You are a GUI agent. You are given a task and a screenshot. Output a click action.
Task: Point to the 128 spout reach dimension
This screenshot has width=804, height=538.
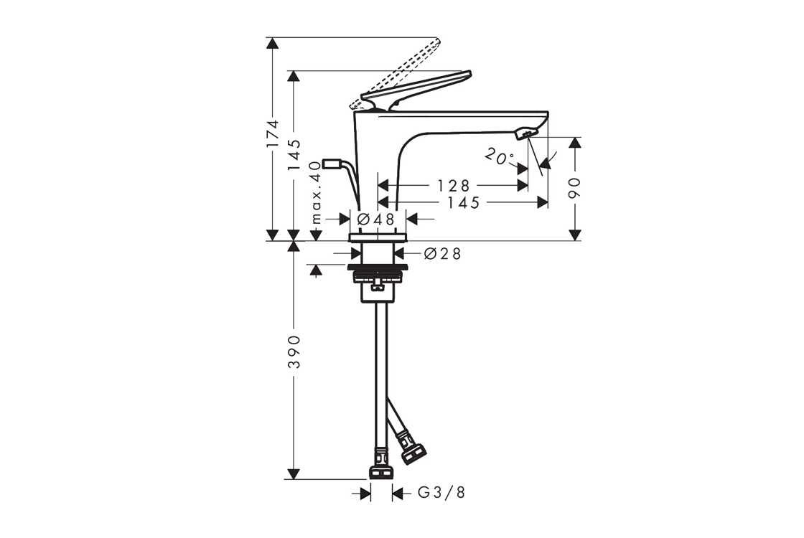pyautogui.click(x=453, y=185)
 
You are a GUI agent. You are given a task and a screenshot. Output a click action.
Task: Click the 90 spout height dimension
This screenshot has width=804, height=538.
pyautogui.click(x=574, y=188)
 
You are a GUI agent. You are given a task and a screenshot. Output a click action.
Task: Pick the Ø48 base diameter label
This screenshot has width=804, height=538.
pyautogui.click(x=376, y=220)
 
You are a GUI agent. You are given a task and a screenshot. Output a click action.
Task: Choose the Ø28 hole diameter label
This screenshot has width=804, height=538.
pyautogui.click(x=442, y=253)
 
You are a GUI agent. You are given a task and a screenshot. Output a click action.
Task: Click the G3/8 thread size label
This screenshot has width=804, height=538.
pyautogui.click(x=441, y=493)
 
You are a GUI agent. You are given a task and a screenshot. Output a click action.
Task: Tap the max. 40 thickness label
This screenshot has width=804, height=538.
pyautogui.click(x=317, y=192)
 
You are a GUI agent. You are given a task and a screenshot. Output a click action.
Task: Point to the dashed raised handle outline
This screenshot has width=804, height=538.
pyautogui.click(x=395, y=72)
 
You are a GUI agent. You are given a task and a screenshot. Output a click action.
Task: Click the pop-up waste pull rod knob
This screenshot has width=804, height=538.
pyautogui.click(x=331, y=164)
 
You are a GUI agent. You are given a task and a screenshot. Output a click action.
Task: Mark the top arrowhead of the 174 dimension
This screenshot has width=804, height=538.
pyautogui.click(x=272, y=43)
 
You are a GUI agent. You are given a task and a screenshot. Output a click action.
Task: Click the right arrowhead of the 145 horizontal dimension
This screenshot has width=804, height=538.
pyautogui.click(x=543, y=202)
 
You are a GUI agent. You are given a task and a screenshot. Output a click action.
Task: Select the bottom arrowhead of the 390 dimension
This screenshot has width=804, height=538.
pyautogui.click(x=294, y=473)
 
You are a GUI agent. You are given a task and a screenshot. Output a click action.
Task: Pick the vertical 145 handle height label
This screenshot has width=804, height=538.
pyautogui.click(x=294, y=155)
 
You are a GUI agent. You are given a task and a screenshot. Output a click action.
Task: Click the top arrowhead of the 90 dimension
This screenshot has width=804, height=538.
pyautogui.click(x=575, y=143)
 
